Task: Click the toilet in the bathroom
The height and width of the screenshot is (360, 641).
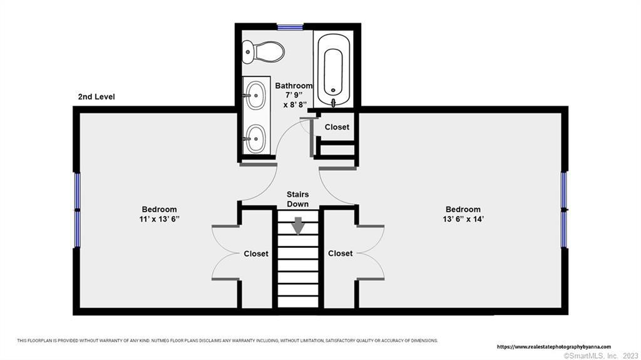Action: (263, 53)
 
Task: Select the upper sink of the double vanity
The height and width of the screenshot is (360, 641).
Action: (256, 95)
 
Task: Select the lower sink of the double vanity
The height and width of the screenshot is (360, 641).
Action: (256, 138)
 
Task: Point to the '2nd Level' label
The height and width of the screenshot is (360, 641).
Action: (96, 97)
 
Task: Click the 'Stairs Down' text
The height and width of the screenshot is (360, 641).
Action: (297, 199)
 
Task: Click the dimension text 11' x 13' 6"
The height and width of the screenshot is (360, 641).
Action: (160, 219)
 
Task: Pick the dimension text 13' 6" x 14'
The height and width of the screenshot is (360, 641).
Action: (463, 219)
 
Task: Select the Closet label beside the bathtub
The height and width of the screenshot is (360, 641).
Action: (337, 127)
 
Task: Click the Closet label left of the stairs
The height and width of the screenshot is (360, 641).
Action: (256, 254)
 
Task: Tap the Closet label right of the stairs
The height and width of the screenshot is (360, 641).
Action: (340, 254)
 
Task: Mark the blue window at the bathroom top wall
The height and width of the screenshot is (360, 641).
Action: (290, 28)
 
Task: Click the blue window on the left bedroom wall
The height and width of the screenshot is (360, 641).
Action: (77, 210)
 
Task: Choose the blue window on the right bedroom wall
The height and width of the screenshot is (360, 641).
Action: (564, 210)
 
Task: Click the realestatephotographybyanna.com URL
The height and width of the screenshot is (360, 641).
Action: (554, 347)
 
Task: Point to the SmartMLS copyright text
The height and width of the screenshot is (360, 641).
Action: (600, 356)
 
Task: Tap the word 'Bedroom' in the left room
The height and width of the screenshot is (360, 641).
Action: (160, 210)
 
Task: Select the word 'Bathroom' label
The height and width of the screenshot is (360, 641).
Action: (294, 86)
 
